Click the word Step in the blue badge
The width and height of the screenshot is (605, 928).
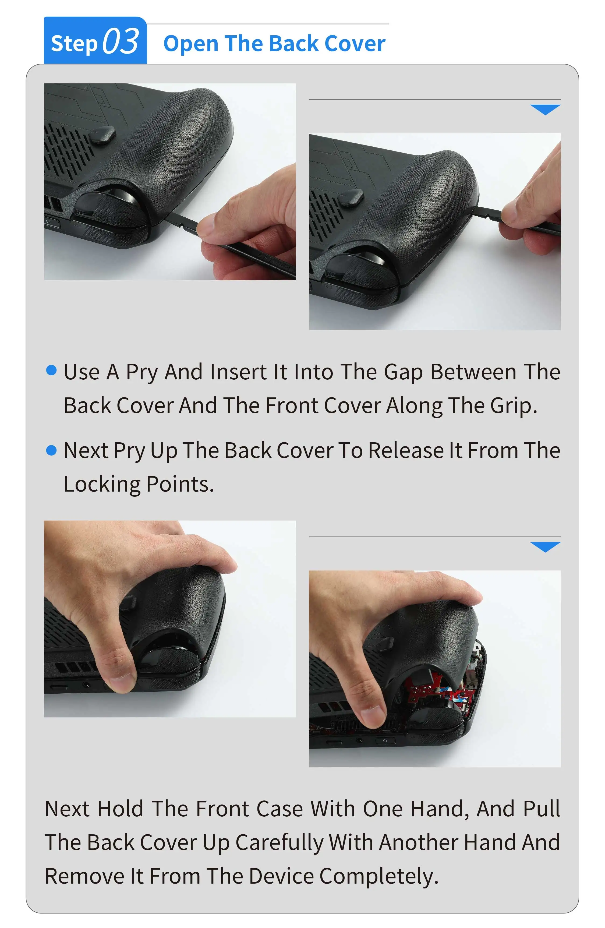[74, 44]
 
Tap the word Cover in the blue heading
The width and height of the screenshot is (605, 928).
[355, 43]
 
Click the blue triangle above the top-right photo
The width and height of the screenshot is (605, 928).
[545, 110]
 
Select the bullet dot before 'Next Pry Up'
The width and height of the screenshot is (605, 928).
[51, 450]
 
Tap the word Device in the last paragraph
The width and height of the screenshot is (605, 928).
[281, 877]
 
